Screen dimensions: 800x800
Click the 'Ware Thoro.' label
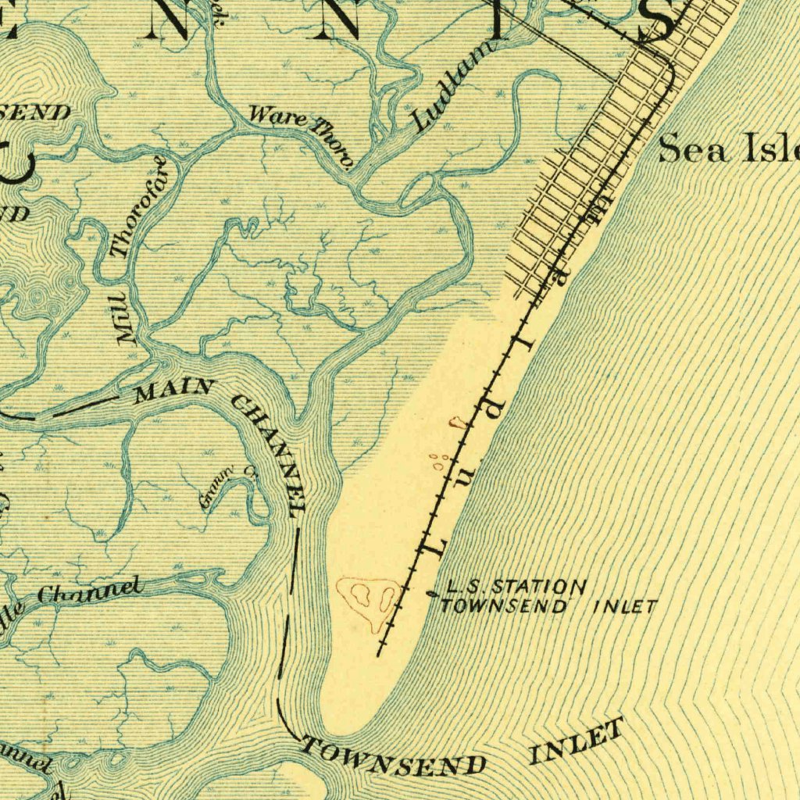click(x=302, y=134)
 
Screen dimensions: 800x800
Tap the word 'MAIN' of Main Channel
click(x=173, y=389)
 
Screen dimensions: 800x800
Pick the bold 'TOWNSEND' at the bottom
click(x=395, y=757)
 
